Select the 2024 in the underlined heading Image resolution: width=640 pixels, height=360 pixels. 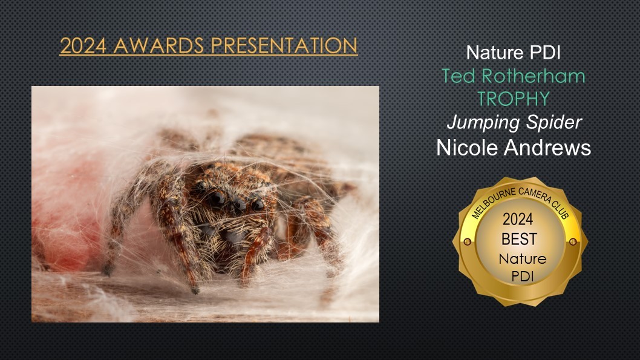click(83, 46)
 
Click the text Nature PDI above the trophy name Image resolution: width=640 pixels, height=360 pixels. click(513, 53)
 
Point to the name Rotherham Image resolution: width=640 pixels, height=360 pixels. click(533, 76)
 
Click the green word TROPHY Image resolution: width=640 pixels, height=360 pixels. click(514, 99)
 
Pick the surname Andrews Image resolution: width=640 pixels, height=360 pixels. click(547, 148)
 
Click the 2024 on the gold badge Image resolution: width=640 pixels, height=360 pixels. click(518, 219)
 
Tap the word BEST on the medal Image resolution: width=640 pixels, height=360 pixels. click(519, 239)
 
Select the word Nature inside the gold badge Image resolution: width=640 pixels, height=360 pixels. click(523, 259)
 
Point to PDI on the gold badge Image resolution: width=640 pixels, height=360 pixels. click(523, 277)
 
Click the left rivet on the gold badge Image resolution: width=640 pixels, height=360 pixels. click(468, 241)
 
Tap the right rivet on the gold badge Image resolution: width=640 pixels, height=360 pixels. click(573, 241)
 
